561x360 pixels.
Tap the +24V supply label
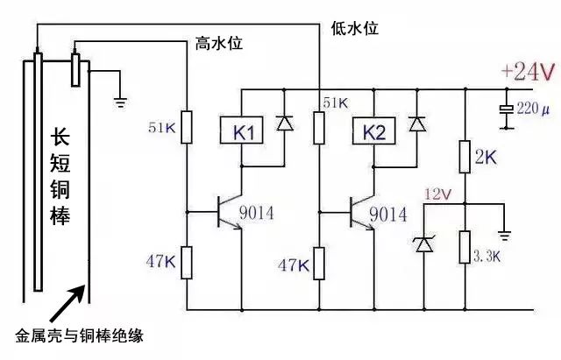point(528,71)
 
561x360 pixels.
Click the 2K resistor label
point(485,158)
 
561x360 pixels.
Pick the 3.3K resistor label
point(487,255)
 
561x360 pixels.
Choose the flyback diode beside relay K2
point(418,124)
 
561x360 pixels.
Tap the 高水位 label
point(217,42)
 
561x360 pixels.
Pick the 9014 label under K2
point(387,215)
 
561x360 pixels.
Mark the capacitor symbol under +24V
point(506,110)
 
